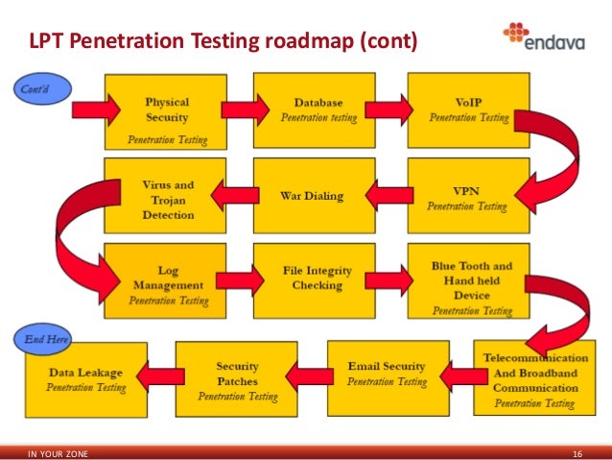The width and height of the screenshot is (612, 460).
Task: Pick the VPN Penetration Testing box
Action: [468, 197]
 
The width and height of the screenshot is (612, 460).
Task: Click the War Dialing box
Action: [311, 196]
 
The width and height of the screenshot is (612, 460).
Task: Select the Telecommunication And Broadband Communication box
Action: [536, 377]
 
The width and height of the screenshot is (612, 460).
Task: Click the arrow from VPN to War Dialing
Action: [385, 198]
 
